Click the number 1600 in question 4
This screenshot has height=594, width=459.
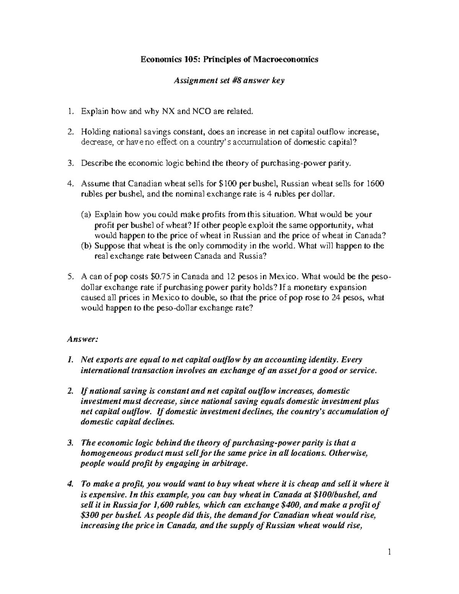pos(376,184)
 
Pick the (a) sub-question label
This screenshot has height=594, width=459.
pos(86,215)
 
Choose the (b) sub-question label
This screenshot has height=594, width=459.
pos(86,246)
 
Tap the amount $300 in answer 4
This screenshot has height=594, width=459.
pos(90,515)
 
